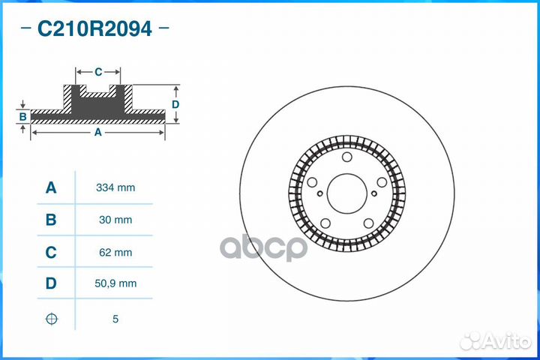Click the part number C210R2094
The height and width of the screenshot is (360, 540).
point(94,29)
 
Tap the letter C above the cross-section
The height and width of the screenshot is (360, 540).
point(98,72)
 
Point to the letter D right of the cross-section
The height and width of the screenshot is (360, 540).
point(175,104)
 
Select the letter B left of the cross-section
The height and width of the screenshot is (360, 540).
point(23,116)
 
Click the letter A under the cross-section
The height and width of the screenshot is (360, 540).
point(97,132)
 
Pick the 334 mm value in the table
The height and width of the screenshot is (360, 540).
point(115,187)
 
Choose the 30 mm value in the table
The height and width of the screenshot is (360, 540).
point(115,220)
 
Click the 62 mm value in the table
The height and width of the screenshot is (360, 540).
point(115,253)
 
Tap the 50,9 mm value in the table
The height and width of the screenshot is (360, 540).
point(115,285)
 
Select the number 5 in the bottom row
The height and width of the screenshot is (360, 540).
point(115,319)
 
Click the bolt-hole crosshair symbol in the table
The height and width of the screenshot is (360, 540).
point(51,319)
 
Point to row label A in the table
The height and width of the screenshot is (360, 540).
point(51,187)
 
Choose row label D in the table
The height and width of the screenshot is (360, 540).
point(51,285)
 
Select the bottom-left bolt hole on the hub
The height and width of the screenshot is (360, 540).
point(325,222)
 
